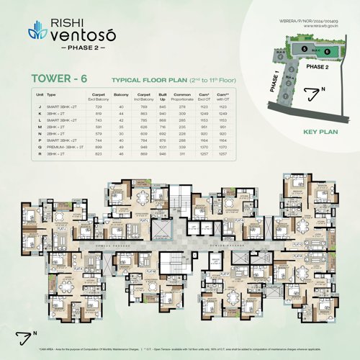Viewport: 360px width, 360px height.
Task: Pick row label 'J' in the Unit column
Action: click(38, 106)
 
